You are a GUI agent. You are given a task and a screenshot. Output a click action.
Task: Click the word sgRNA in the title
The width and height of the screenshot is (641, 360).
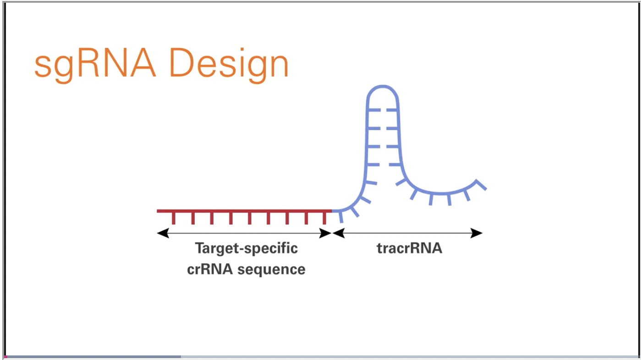(95, 65)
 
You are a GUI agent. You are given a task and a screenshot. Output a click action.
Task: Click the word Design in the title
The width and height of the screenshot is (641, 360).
(229, 65)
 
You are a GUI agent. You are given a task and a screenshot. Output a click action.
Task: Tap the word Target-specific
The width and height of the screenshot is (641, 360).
(247, 248)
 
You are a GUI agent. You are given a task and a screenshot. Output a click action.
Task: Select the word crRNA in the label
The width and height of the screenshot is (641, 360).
(210, 269)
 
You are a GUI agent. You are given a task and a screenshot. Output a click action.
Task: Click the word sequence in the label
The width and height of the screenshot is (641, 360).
(271, 270)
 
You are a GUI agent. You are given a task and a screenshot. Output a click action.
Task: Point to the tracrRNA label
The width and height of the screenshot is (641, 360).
(410, 248)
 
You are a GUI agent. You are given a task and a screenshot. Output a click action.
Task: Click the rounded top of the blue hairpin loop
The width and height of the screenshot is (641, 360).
(383, 88)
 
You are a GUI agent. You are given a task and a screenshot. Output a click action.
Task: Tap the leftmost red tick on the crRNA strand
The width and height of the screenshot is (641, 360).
(174, 218)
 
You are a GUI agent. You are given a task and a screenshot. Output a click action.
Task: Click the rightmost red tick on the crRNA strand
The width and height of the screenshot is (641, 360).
(324, 218)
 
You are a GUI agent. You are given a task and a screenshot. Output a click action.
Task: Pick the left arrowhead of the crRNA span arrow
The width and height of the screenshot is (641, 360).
(163, 233)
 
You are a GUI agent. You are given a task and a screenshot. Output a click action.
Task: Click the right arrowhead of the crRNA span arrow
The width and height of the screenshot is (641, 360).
(326, 233)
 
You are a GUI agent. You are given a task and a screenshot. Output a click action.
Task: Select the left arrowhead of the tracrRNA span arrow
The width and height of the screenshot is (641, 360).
(339, 233)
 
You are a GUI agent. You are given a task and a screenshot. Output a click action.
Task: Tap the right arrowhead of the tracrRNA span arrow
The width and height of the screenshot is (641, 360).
(477, 233)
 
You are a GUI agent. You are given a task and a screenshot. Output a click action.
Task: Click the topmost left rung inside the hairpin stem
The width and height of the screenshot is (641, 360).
(374, 110)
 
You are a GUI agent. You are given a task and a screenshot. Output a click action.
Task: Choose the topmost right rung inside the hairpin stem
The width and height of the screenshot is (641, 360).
(391, 110)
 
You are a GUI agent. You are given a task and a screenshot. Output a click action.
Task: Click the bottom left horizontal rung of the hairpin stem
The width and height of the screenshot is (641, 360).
(373, 165)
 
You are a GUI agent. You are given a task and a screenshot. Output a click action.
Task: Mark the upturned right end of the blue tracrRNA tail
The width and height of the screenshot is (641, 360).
(481, 184)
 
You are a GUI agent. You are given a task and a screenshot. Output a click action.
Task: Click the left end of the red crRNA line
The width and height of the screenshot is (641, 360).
(158, 211)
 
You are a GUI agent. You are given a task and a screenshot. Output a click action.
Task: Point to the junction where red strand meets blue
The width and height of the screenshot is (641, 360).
(332, 211)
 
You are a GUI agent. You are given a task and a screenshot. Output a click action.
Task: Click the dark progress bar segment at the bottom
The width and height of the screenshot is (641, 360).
(93, 357)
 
